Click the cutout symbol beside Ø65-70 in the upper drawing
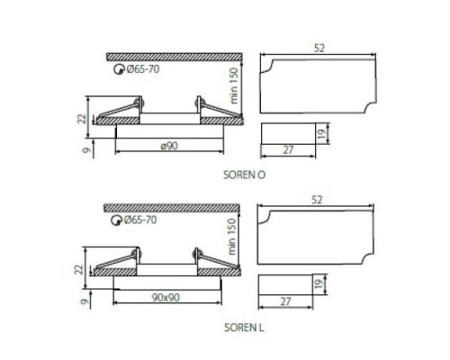pyautogui.click(x=114, y=69)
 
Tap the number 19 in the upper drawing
pyautogui.click(x=321, y=134)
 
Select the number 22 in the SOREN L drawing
pyautogui.click(x=81, y=268)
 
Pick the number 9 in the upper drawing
pyautogui.click(x=82, y=151)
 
